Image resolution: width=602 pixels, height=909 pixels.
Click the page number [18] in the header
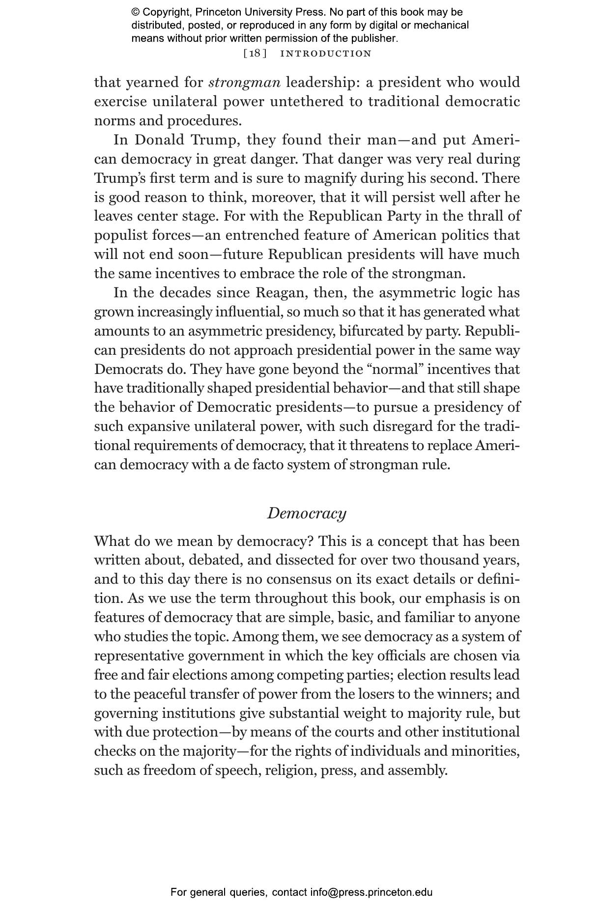coord(255,54)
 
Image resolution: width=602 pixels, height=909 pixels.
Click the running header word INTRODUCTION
coord(325,54)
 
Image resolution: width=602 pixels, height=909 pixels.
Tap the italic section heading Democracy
coord(307,513)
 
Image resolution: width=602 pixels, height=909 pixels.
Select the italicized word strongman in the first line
coord(245,82)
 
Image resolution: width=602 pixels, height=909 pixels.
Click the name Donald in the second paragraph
coord(160,140)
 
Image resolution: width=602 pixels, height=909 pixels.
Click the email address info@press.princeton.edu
coord(371,892)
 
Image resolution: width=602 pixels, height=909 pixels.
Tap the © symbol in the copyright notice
coord(136,12)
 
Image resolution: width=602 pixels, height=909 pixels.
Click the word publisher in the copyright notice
coord(374,38)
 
